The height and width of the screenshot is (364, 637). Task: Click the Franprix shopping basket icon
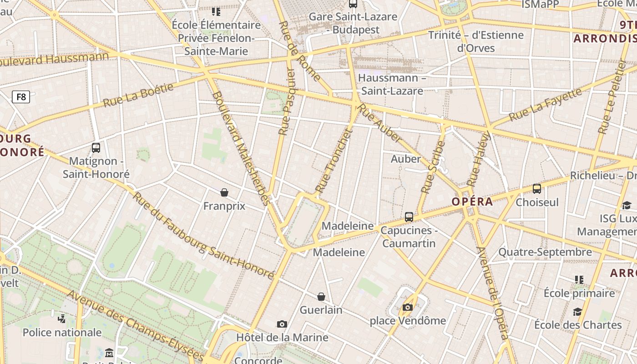(x=224, y=192)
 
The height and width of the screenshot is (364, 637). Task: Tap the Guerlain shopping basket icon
(x=321, y=297)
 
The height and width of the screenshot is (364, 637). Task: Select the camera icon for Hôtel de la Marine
(x=282, y=324)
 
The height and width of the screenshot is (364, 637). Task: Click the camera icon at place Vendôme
(x=408, y=307)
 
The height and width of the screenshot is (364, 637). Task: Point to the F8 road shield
(x=21, y=96)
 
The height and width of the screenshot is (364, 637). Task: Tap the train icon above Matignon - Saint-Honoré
(x=96, y=147)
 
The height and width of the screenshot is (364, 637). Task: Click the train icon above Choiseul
(x=537, y=188)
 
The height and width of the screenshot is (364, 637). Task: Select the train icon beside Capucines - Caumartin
(x=409, y=217)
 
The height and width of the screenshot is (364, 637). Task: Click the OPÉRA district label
(x=472, y=202)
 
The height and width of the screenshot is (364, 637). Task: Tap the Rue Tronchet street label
(x=334, y=161)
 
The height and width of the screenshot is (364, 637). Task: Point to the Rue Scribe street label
(x=433, y=167)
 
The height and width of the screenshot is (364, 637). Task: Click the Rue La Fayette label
(x=545, y=105)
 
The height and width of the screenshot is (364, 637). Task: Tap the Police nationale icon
(x=62, y=318)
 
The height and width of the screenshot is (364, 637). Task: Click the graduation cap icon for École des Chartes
(x=577, y=312)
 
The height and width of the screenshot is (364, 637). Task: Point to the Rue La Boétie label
(x=138, y=95)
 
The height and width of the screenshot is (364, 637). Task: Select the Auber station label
(x=405, y=159)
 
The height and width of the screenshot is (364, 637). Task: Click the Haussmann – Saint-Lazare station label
(x=391, y=84)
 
